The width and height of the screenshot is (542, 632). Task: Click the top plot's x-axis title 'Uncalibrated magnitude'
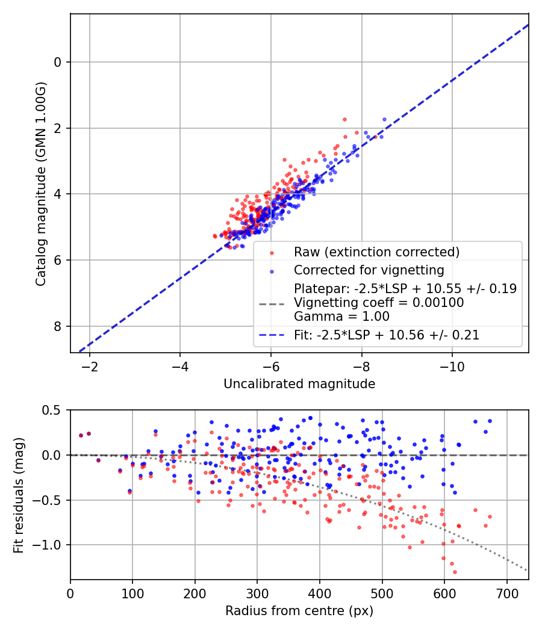(x=299, y=384)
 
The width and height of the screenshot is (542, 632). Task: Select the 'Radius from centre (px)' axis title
(x=299, y=611)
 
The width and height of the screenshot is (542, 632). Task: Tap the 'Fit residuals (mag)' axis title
(x=19, y=495)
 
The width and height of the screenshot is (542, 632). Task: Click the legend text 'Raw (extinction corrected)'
(x=376, y=252)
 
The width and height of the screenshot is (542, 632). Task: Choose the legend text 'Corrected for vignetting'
(x=369, y=270)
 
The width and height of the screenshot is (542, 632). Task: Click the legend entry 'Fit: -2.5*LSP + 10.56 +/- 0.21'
(x=387, y=335)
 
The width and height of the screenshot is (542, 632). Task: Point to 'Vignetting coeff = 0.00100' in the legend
(x=379, y=303)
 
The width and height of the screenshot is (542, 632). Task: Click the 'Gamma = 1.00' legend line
(x=341, y=317)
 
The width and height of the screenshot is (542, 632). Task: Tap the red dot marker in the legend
(x=271, y=252)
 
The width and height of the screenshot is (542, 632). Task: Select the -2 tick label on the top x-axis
(x=90, y=367)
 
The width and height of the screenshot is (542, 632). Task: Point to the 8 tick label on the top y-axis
(x=58, y=326)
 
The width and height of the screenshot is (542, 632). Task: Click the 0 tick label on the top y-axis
(x=58, y=62)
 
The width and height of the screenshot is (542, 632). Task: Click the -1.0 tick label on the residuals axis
(x=50, y=545)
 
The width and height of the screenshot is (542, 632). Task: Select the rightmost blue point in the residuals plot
(x=490, y=421)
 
